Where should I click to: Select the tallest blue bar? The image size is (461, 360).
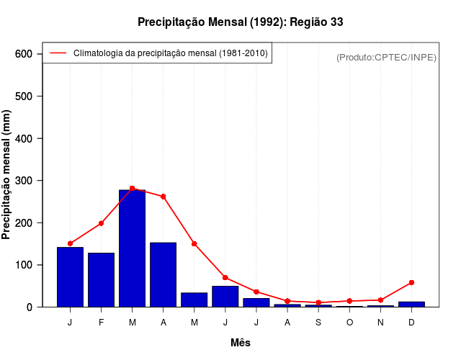click(x=132, y=248)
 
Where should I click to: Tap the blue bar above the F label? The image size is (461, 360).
click(x=101, y=280)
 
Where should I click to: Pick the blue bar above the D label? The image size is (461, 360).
click(x=411, y=304)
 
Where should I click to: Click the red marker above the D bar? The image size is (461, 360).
click(x=411, y=282)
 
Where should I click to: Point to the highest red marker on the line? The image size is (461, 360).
click(x=132, y=188)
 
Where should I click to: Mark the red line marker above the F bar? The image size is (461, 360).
click(x=101, y=223)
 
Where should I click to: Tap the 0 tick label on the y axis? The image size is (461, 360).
click(x=30, y=307)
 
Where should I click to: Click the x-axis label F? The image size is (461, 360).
click(x=101, y=323)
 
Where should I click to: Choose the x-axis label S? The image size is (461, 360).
click(x=318, y=323)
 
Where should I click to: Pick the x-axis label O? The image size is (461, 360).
click(x=349, y=323)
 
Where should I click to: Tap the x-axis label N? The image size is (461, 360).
click(x=380, y=323)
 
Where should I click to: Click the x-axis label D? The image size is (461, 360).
click(x=411, y=323)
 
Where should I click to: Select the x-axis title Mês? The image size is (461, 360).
click(x=240, y=343)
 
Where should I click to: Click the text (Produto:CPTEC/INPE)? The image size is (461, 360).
click(x=386, y=57)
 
